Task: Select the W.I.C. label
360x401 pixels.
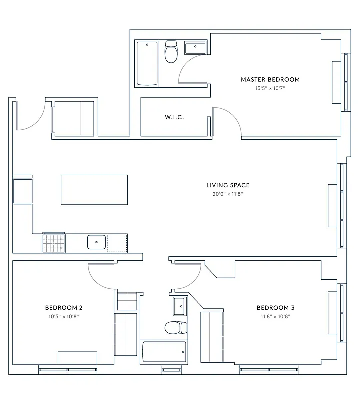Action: pyautogui.click(x=174, y=117)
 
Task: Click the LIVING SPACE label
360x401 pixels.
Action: pyautogui.click(x=228, y=185)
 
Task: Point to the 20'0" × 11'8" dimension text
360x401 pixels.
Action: pyautogui.click(x=228, y=194)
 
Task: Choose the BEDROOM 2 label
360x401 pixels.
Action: pyautogui.click(x=64, y=308)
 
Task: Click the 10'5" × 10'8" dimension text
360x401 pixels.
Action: pyautogui.click(x=64, y=317)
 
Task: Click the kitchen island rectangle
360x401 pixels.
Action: pyautogui.click(x=94, y=189)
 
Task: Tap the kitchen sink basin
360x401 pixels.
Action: pyautogui.click(x=96, y=242)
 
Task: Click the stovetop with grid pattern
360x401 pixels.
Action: pyautogui.click(x=54, y=242)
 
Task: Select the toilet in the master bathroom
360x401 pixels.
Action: pyautogui.click(x=171, y=52)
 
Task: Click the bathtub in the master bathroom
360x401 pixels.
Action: pyautogui.click(x=147, y=63)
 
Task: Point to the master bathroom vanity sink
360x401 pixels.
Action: pyautogui.click(x=194, y=48)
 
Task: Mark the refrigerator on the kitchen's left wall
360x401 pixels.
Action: pyautogui.click(x=22, y=190)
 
